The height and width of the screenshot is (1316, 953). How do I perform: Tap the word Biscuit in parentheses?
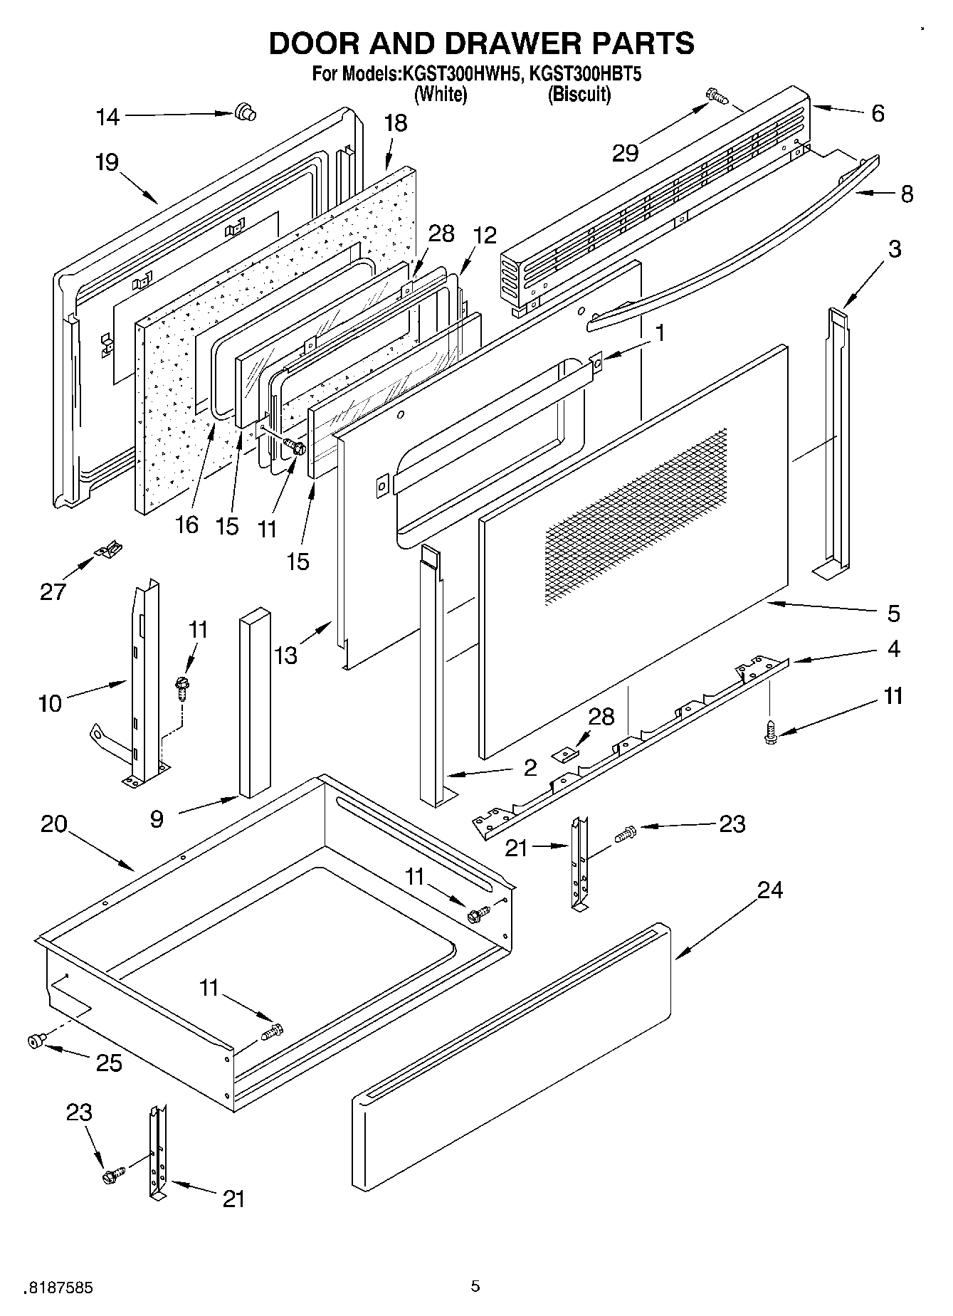(x=579, y=94)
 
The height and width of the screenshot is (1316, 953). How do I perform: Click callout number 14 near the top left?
(x=108, y=116)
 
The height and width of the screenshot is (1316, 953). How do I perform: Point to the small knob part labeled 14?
(x=246, y=112)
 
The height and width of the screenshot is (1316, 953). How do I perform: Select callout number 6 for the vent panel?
(x=878, y=113)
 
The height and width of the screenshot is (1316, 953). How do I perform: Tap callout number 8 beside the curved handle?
(x=907, y=194)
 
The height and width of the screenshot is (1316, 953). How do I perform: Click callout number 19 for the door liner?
(x=107, y=162)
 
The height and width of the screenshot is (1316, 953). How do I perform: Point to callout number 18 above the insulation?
(x=396, y=123)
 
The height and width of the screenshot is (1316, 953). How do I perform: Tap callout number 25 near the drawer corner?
(x=109, y=1063)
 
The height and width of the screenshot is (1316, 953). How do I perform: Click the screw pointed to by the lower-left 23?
(x=113, y=1176)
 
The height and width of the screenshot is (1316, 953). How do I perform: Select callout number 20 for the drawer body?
(x=54, y=824)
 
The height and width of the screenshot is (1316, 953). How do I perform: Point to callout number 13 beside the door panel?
(x=285, y=655)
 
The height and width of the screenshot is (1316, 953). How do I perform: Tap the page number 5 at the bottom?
(x=475, y=1285)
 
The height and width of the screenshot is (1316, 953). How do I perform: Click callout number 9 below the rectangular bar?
(x=157, y=819)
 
